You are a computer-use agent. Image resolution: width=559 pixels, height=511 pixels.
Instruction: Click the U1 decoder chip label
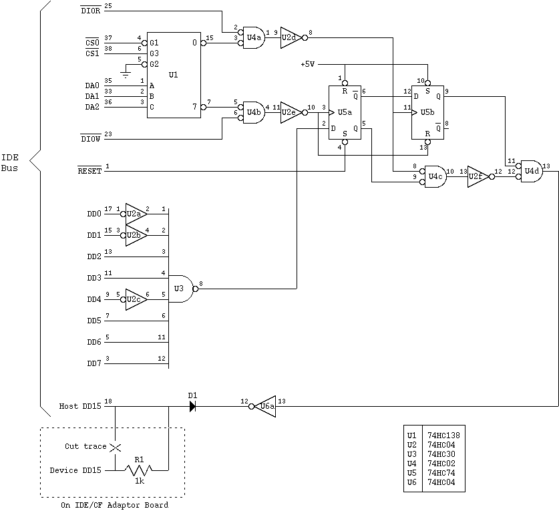(174, 75)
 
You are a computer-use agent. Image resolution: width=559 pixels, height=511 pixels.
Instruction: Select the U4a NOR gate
(253, 38)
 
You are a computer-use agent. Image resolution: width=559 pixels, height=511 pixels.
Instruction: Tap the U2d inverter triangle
(290, 38)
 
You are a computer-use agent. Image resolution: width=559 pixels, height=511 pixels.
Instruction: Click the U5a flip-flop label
(344, 112)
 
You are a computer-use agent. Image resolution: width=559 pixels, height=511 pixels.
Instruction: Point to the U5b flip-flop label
(427, 112)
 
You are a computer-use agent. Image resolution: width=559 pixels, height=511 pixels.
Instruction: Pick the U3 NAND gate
(179, 289)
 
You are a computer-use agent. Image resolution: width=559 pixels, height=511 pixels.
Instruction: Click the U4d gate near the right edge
(532, 171)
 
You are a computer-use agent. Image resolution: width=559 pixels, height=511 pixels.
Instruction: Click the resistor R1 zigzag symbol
(139, 470)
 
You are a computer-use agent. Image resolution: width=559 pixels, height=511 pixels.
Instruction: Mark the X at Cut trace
(116, 446)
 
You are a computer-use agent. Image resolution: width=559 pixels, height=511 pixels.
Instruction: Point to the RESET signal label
(89, 171)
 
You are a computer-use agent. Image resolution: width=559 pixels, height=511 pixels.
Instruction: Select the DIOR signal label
(89, 11)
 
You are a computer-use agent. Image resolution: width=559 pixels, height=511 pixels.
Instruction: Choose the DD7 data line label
(94, 363)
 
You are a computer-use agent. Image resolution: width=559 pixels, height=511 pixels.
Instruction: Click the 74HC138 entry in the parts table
(443, 436)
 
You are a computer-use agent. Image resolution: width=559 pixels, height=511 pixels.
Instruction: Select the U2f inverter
(477, 176)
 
